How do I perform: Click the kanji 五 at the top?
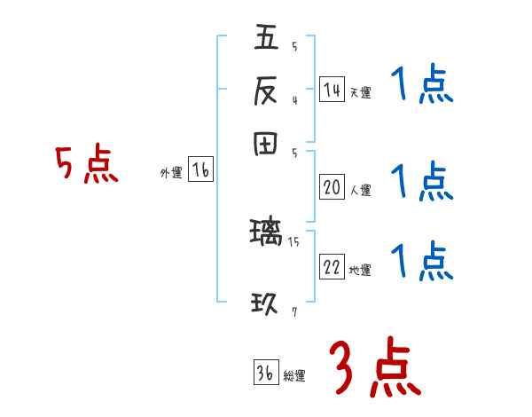(x=266, y=38)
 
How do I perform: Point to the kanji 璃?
(x=266, y=233)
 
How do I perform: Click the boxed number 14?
(x=332, y=90)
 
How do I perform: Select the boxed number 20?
(x=332, y=187)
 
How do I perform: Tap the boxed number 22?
(x=332, y=268)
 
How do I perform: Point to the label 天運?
(x=360, y=92)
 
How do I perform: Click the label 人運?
(x=360, y=190)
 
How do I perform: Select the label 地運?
(x=360, y=271)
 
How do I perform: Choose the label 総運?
(x=294, y=376)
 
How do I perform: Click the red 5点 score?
(x=87, y=165)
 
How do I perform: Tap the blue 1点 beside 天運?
(x=422, y=86)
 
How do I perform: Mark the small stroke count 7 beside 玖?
(x=293, y=312)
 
